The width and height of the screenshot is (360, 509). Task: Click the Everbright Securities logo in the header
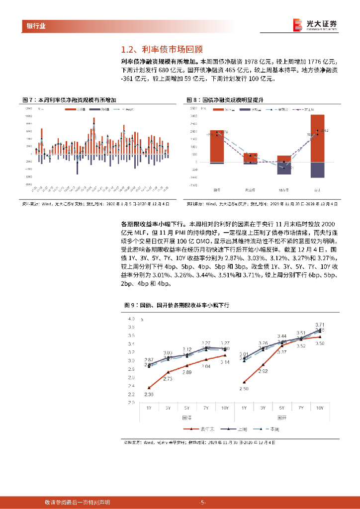pos(315,25)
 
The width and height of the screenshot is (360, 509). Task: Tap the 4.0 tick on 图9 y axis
pos(131,319)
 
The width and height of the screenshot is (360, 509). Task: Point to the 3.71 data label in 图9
pos(320,324)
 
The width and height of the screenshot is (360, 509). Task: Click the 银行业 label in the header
pos(35,26)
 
